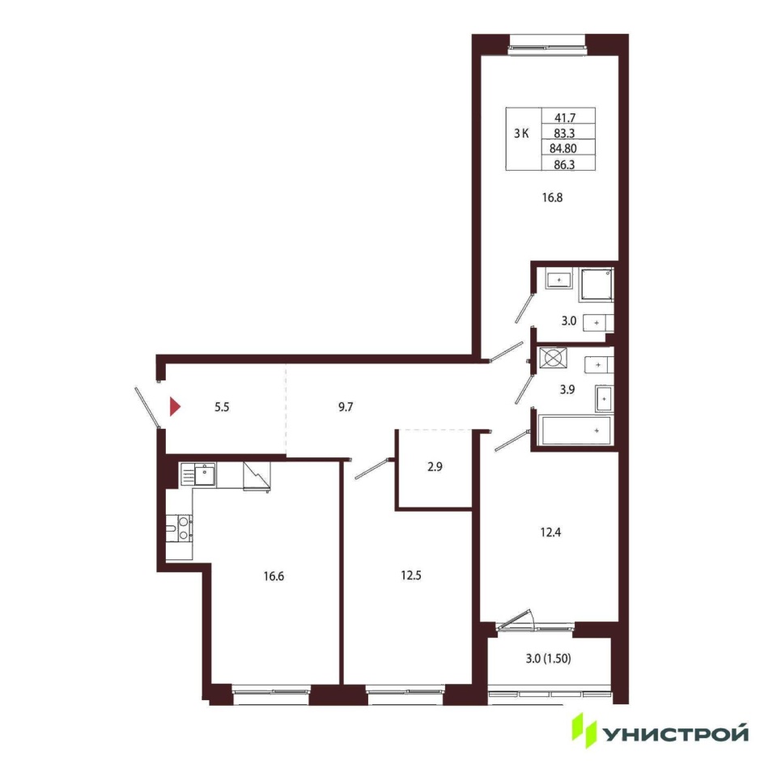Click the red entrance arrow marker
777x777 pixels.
coord(175,406)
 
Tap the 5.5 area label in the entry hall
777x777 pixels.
coord(222,407)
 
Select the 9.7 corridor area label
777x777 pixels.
coord(346,407)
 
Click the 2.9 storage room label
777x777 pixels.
coord(435,467)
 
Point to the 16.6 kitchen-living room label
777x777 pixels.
coord(274,576)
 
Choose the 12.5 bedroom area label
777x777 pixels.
coord(411,575)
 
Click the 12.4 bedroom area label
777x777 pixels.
coord(550,533)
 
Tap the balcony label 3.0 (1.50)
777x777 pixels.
coord(548,659)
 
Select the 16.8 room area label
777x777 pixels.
coord(552,197)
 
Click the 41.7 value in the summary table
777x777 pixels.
coord(565,118)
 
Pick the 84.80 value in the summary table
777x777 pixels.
coord(563,148)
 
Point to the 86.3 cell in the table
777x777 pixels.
coord(564,164)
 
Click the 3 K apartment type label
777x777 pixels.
coord(521,134)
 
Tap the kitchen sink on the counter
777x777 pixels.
coord(204,475)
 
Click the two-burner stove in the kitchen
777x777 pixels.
coord(184,529)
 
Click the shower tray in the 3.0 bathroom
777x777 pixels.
coord(597,285)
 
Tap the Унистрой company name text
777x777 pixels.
coord(675,734)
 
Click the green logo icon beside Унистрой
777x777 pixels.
coord(584,730)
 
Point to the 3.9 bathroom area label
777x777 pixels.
coord(567,389)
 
